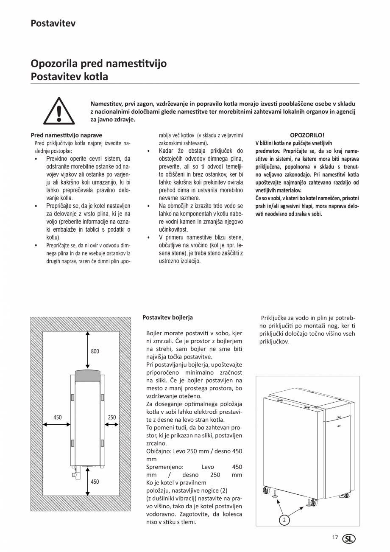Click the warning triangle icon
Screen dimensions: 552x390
[59, 110]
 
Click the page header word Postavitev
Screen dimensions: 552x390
[53, 23]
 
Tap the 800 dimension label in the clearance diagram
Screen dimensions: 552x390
[95, 351]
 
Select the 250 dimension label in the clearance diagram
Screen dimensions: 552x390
[111, 418]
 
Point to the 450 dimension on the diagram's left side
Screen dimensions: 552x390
[57, 418]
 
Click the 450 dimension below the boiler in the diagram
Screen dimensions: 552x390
[95, 482]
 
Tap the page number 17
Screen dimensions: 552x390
[335, 538]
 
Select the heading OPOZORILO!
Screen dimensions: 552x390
[307, 135]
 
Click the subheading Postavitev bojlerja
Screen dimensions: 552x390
[167, 317]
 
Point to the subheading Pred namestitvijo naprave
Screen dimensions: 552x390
[67, 135]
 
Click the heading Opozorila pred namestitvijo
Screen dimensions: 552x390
[98, 64]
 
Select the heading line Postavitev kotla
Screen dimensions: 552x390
[69, 77]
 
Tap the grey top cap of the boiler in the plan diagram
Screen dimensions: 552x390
[88, 375]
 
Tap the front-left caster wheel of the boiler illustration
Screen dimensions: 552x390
[267, 491]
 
